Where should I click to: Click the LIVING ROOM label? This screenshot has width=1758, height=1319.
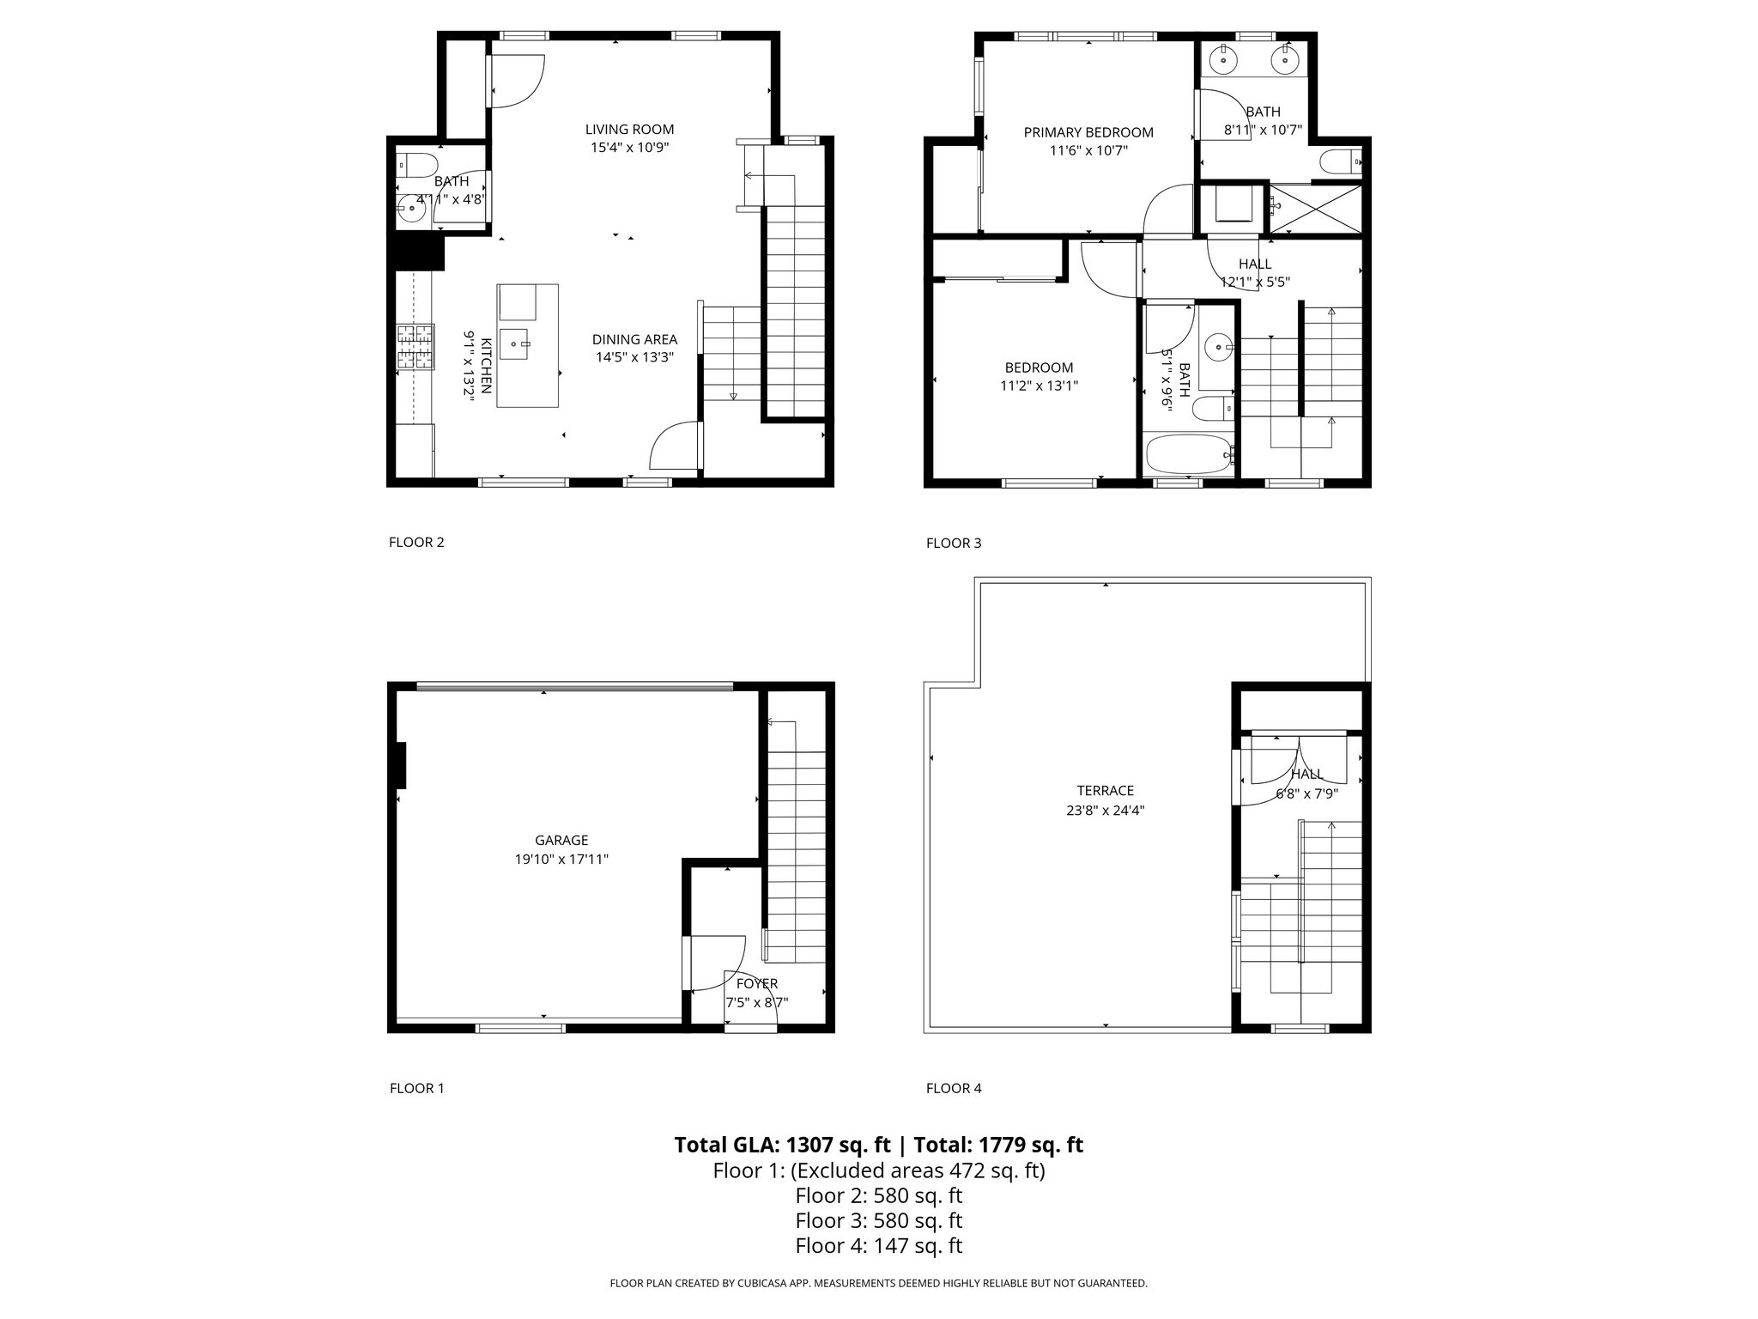coord(629,130)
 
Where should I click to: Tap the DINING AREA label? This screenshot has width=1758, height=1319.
coord(634,339)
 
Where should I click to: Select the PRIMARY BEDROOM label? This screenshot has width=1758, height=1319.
coord(1088,132)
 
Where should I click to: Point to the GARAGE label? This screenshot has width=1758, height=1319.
coord(561,841)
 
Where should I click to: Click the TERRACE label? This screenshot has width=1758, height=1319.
coord(1106,791)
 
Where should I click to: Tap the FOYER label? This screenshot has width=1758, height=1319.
coord(757,984)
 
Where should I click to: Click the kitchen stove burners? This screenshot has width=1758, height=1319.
coord(415,347)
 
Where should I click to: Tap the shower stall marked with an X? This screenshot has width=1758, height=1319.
coord(1315,208)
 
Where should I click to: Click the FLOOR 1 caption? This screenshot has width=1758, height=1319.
coord(417,1088)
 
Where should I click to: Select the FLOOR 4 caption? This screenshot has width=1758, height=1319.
coord(954,1088)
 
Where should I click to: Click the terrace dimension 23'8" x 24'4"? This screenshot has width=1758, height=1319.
coord(1106,810)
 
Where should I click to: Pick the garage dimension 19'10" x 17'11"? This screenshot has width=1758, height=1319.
coord(561,860)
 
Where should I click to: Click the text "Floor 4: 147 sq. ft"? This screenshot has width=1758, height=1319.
coord(879,1245)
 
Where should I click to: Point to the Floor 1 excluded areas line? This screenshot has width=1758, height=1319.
coord(879,1170)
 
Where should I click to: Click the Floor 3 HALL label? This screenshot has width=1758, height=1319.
coord(1255,264)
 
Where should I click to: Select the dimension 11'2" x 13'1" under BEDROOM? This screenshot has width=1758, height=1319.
coord(1039,386)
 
